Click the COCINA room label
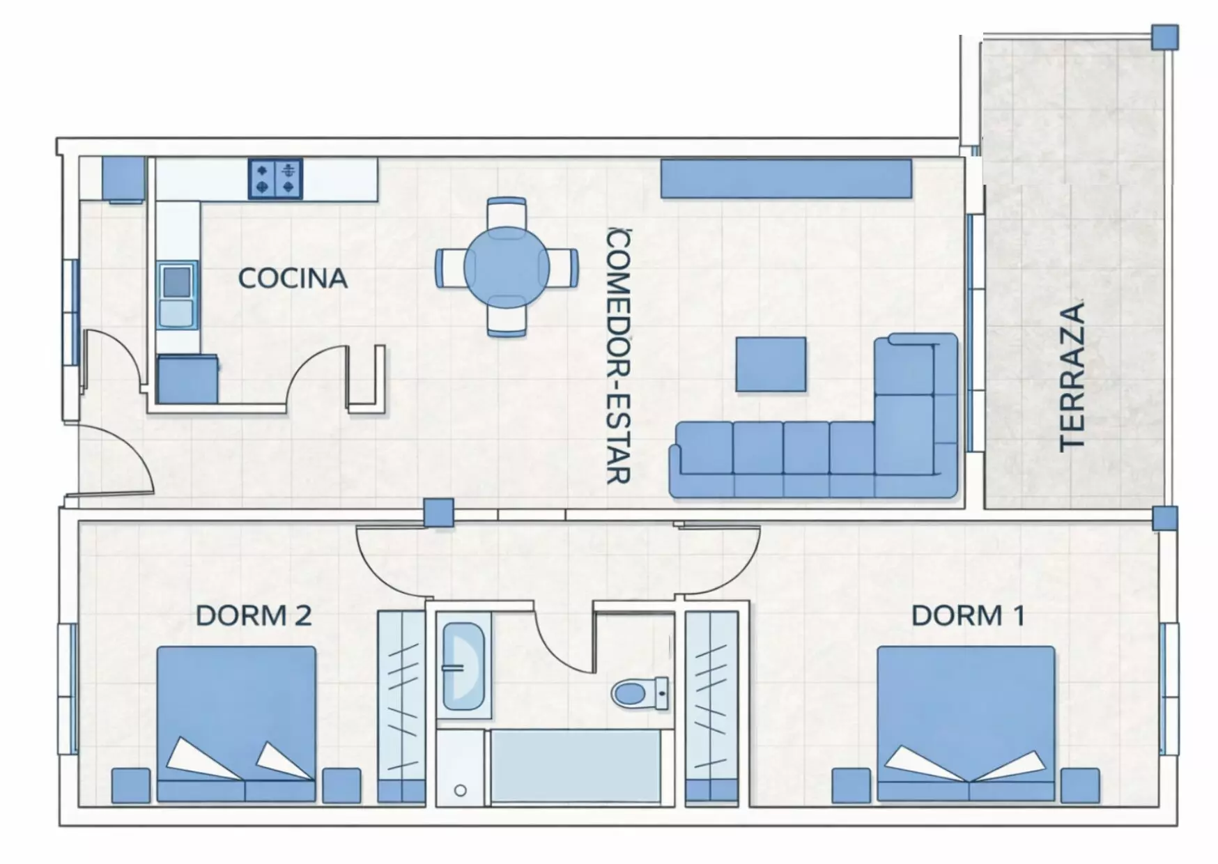[x=293, y=278]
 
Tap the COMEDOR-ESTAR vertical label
[x=618, y=355]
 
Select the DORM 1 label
[x=968, y=615]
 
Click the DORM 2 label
[x=254, y=615]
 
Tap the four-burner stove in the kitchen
[x=275, y=179]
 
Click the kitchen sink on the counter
[x=176, y=295]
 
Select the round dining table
[x=507, y=268]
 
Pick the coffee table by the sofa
[x=771, y=364]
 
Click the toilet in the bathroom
[x=640, y=693]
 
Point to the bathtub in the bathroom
[x=576, y=766]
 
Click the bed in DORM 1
[x=966, y=723]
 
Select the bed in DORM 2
[x=236, y=723]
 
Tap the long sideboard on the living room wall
[x=786, y=178]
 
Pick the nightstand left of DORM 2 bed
[x=131, y=785]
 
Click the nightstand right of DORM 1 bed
[x=1080, y=785]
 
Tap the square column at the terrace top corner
[x=1164, y=37]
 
